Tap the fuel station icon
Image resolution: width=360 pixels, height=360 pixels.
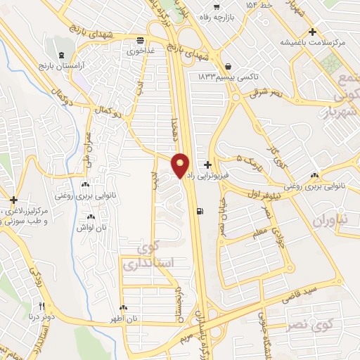(202, 210)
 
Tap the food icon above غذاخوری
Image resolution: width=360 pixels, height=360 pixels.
(141, 41)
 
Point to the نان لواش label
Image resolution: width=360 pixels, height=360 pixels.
(91, 227)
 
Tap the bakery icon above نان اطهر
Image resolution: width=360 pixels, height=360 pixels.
(124, 307)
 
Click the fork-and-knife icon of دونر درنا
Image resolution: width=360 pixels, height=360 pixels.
(41, 307)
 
